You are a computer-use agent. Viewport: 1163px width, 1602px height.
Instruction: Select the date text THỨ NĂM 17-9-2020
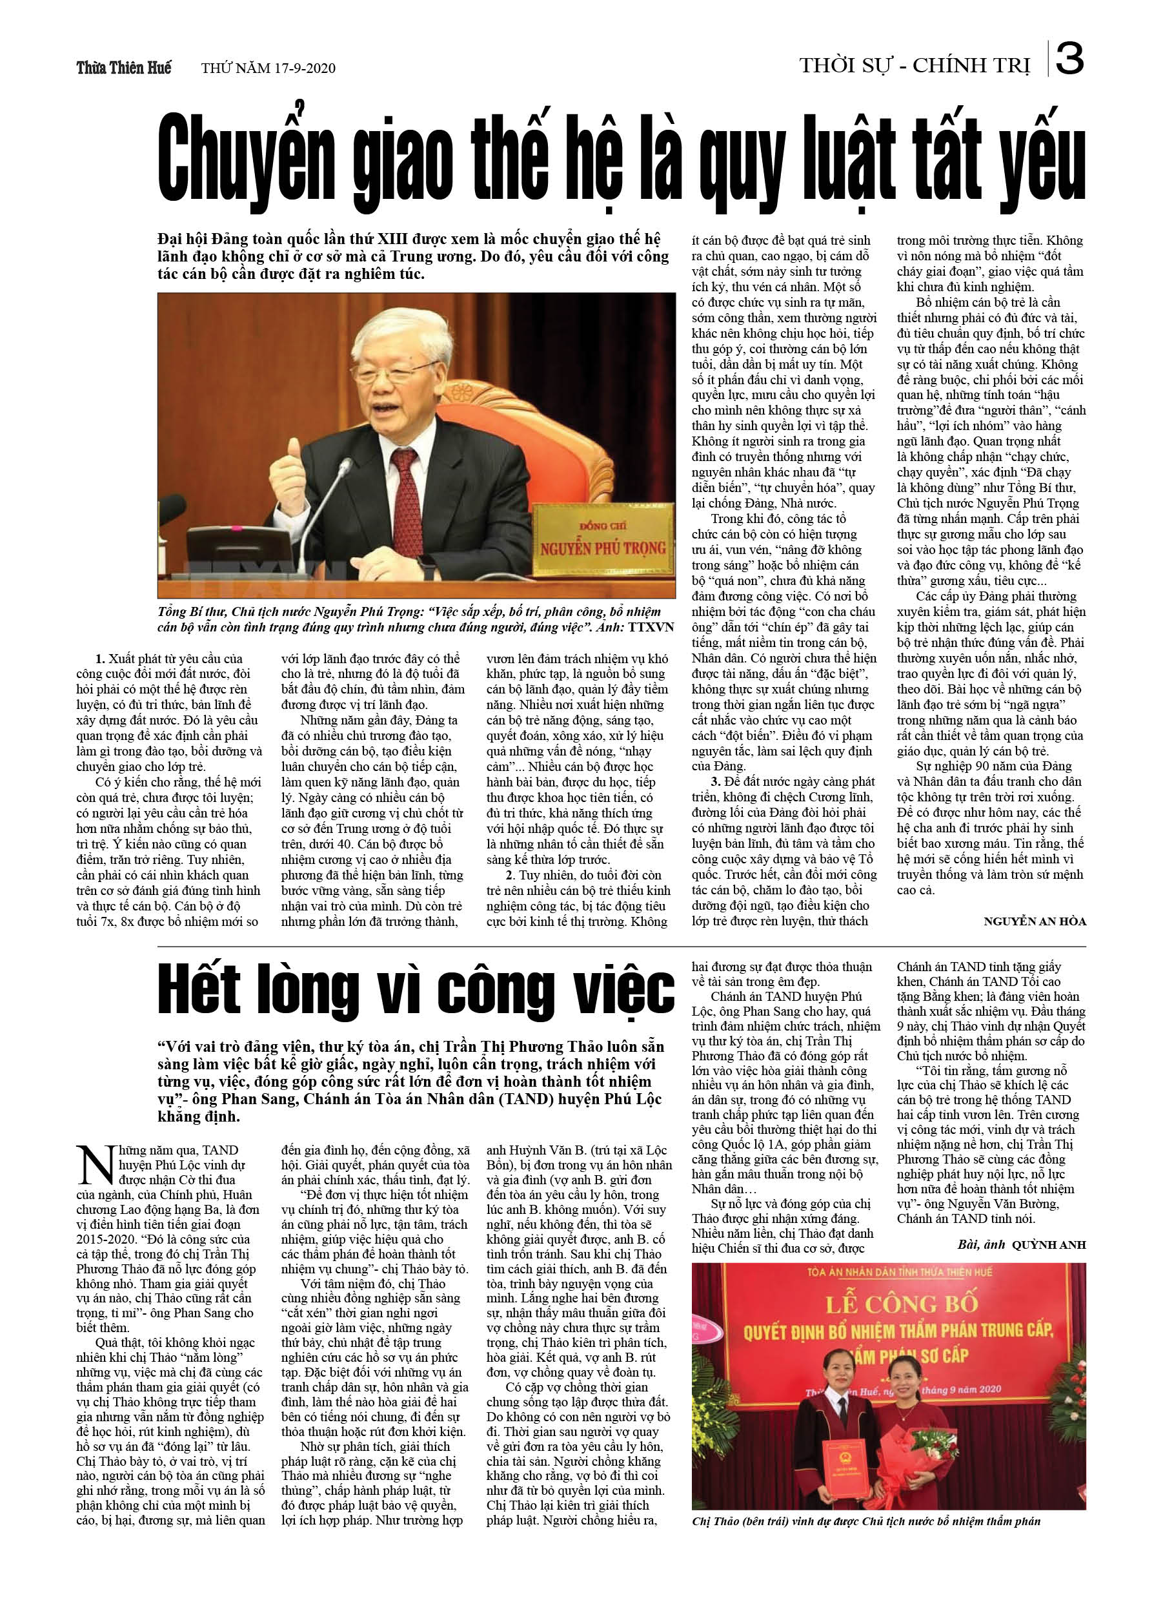pyautogui.click(x=268, y=68)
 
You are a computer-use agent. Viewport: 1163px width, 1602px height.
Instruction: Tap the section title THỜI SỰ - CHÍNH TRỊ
pyautogui.click(x=915, y=67)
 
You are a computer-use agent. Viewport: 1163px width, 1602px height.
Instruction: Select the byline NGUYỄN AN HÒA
pyautogui.click(x=1035, y=921)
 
